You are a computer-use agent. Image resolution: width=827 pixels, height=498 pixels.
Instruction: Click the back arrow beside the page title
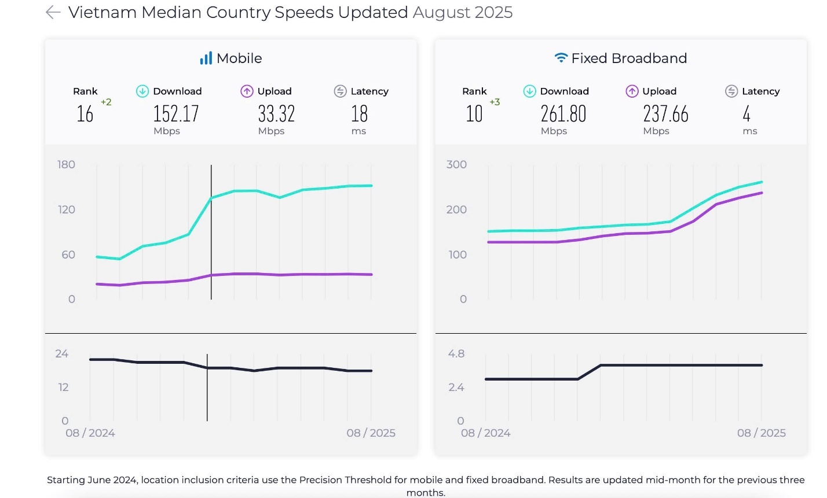[x=53, y=13]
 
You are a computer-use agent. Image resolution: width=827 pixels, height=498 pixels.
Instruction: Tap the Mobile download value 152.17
[x=175, y=113]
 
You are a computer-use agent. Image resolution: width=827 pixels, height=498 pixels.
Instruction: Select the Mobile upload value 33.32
[x=276, y=113]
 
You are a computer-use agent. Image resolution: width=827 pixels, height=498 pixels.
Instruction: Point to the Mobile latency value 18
[x=359, y=113]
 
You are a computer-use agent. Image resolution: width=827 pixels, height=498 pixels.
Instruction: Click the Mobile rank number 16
[x=85, y=114]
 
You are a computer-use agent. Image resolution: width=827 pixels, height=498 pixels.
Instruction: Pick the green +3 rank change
[x=495, y=102]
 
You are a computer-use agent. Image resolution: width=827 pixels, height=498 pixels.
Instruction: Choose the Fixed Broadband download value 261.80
[x=563, y=113]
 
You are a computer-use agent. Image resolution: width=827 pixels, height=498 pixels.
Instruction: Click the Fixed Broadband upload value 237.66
[x=665, y=113]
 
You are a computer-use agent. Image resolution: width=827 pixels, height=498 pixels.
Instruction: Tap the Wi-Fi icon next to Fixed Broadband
[x=561, y=58]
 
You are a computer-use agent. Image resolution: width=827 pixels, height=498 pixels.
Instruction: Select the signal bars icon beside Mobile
[x=206, y=58]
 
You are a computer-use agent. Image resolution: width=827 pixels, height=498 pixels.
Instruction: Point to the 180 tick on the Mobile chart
[x=67, y=165]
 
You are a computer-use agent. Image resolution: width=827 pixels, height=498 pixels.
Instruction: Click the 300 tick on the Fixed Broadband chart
[x=456, y=165]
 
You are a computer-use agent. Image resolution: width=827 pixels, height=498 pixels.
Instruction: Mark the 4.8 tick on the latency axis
[x=456, y=354]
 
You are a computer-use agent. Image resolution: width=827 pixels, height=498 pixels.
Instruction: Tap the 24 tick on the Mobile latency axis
[x=62, y=354]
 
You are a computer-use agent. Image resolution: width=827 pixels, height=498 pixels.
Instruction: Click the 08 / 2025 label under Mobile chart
[x=371, y=433]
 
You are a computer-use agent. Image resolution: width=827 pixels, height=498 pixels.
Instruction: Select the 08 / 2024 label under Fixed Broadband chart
[x=485, y=433]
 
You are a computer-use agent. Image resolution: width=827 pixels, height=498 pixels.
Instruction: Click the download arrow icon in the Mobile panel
[x=142, y=91]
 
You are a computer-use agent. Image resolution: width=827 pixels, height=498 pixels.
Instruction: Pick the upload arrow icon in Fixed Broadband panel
[x=632, y=91]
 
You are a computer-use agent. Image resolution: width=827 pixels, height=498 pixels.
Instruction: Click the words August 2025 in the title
[x=462, y=13]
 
